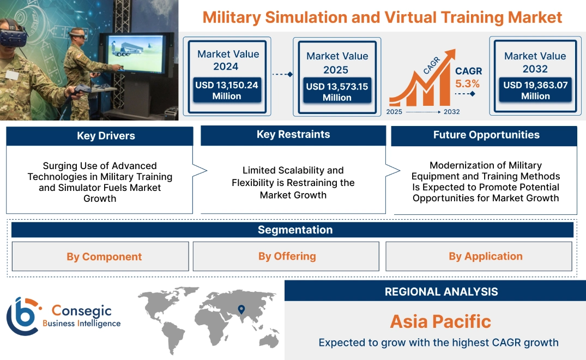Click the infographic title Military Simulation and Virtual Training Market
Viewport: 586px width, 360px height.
(x=382, y=17)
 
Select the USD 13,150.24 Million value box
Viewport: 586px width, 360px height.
(x=226, y=90)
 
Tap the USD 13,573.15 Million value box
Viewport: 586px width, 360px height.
(x=337, y=92)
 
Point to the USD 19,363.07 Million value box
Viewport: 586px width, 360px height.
(x=535, y=90)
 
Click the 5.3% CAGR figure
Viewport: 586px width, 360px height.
(x=467, y=84)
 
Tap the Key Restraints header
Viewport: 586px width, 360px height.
(x=293, y=135)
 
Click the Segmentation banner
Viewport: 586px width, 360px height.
(x=295, y=230)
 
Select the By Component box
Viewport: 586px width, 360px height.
(x=104, y=256)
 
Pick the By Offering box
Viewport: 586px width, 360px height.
(x=287, y=256)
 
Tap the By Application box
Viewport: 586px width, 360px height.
(x=485, y=256)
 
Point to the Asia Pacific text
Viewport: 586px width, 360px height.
(x=440, y=321)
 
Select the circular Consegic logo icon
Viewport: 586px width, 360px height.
(x=22, y=316)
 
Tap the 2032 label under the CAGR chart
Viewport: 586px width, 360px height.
(x=451, y=112)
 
